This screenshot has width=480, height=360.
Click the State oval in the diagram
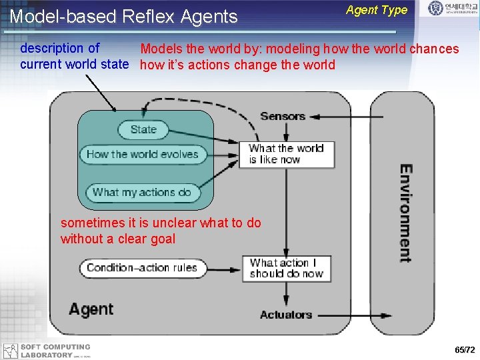tap(143, 129)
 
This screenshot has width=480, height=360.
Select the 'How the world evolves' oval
tap(142, 155)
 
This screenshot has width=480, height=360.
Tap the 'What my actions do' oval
tap(142, 193)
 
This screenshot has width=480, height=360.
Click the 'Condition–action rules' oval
tap(141, 268)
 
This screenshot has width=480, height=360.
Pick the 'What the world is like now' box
tap(286, 154)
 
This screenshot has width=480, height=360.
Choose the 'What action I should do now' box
tap(286, 268)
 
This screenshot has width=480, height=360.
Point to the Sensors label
tap(283, 117)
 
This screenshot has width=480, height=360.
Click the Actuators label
tap(286, 315)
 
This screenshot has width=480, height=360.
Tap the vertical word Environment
tap(405, 213)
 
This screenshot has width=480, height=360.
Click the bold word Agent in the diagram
tap(91, 309)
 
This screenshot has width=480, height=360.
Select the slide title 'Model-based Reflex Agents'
tap(124, 17)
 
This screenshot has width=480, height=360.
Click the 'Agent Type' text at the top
tap(377, 10)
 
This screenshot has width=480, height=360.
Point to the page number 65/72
tap(465, 350)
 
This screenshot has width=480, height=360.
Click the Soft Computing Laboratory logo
tap(47, 351)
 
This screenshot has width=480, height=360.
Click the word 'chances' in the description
tap(434, 49)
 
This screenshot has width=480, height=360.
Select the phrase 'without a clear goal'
tap(118, 239)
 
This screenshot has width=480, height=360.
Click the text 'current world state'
tap(74, 65)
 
